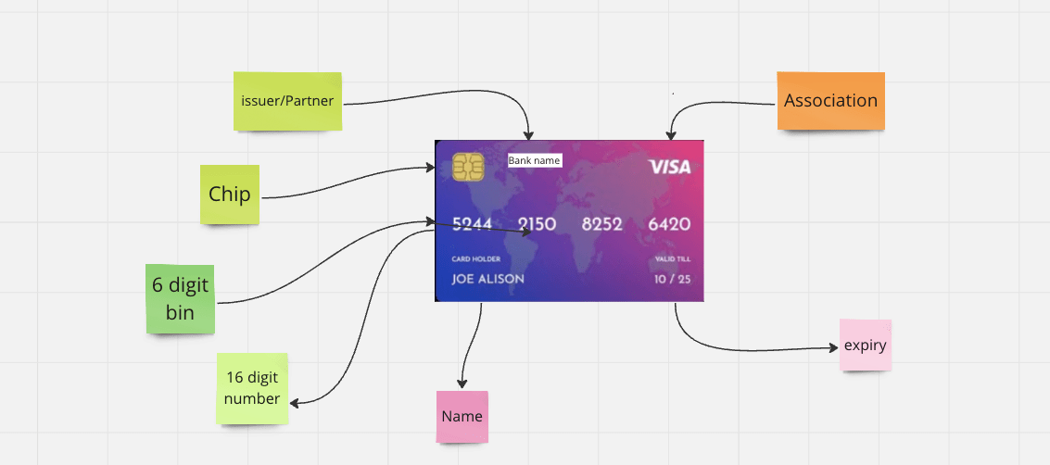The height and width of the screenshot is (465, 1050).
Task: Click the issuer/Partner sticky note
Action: (x=286, y=100)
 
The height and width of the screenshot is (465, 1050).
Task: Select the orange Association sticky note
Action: (x=830, y=100)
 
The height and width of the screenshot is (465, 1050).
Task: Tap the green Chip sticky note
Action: (x=230, y=195)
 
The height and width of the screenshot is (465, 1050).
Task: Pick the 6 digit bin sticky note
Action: (x=180, y=298)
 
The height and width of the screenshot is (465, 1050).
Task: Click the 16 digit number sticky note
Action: (x=252, y=388)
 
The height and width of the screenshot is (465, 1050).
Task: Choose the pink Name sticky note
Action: (x=462, y=416)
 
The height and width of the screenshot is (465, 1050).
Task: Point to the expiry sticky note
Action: (x=866, y=346)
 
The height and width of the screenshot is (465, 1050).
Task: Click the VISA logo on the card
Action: (x=669, y=167)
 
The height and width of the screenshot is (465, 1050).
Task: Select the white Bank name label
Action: (x=534, y=160)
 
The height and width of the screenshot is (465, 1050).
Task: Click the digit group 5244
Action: (x=472, y=224)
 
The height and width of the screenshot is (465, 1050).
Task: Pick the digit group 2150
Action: (x=537, y=224)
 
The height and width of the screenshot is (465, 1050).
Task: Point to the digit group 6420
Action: (x=668, y=224)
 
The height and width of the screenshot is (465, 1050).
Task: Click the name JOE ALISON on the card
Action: (x=487, y=279)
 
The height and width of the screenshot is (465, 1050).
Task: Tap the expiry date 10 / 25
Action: (x=672, y=279)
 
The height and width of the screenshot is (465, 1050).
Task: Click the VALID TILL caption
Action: (x=672, y=259)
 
